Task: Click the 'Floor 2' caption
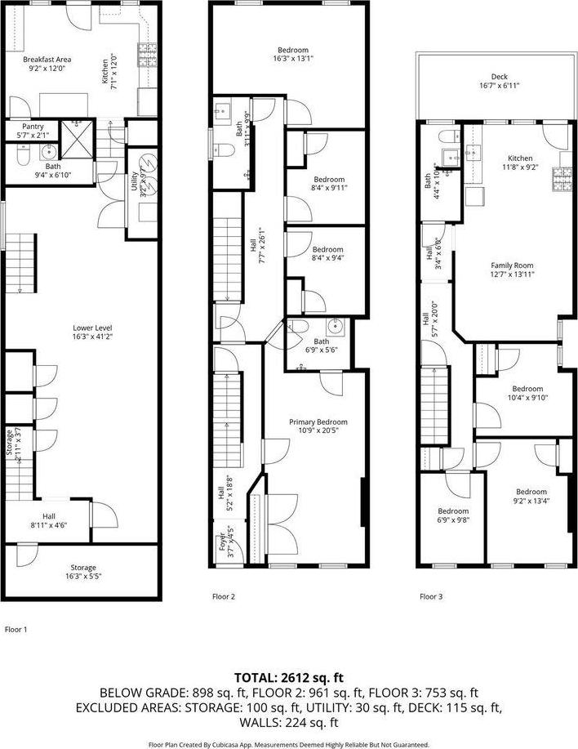pyautogui.click(x=224, y=596)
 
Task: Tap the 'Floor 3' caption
pyautogui.click(x=431, y=596)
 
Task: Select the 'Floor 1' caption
pyautogui.click(x=16, y=629)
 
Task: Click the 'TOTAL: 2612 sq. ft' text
pyautogui.click(x=288, y=677)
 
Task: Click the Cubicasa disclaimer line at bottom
pyautogui.click(x=288, y=744)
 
